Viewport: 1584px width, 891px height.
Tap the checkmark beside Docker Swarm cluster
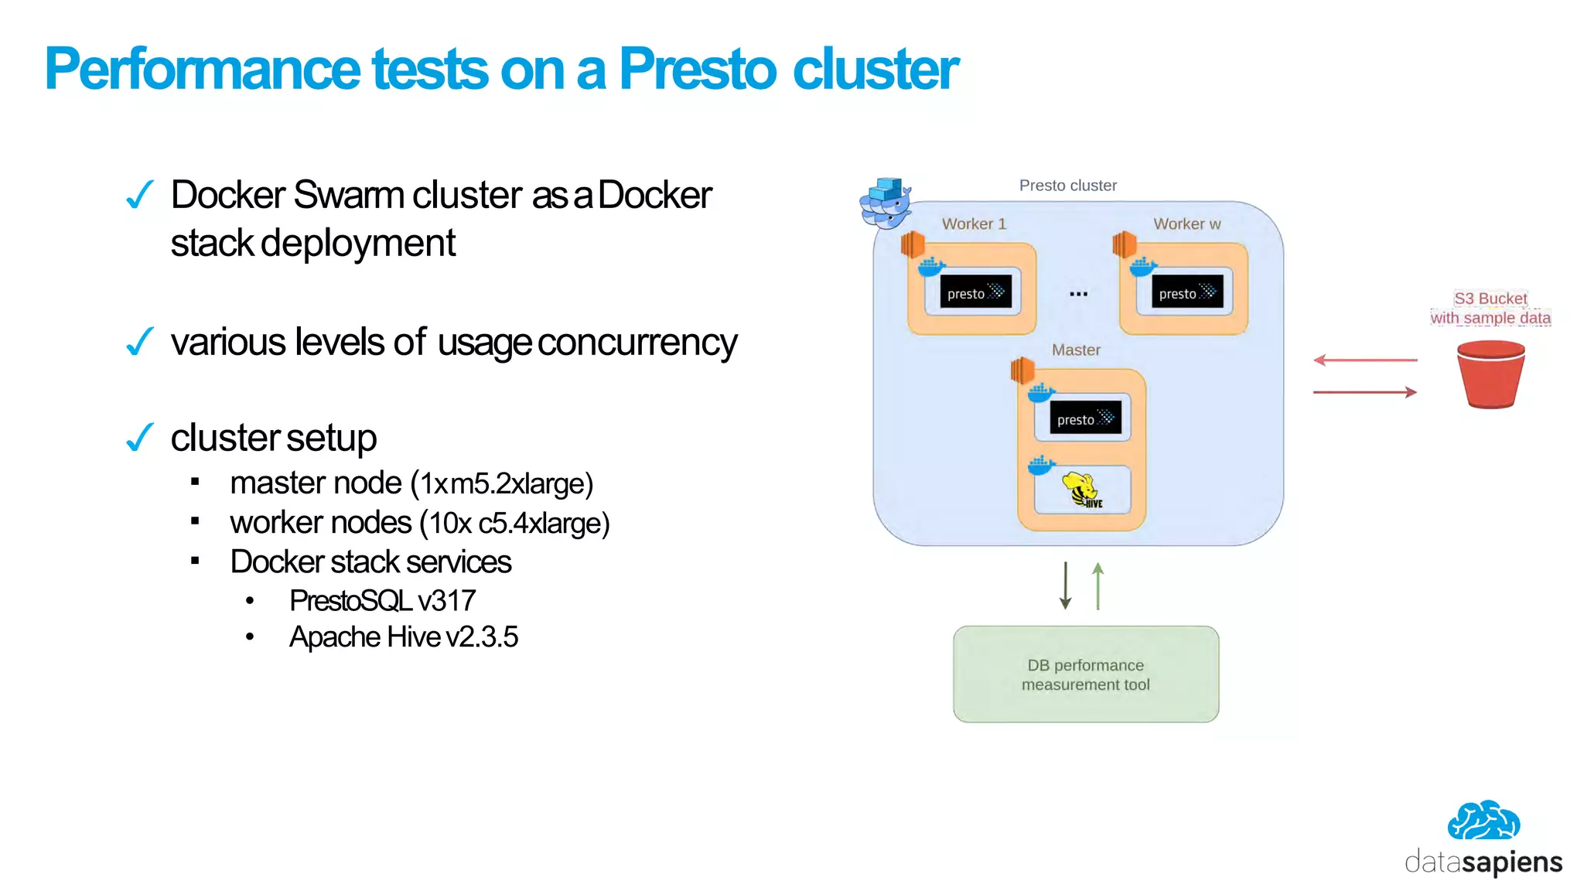[140, 195]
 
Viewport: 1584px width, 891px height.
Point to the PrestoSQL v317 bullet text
[382, 601]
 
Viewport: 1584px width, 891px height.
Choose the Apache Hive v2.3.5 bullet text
[403, 637]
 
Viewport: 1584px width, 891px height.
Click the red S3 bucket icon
[1490, 374]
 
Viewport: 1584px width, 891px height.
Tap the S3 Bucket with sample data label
[1490, 308]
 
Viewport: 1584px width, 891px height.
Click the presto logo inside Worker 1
[975, 292]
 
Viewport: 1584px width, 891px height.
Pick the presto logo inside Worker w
[1186, 292]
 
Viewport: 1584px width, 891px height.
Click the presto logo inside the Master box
[1085, 418]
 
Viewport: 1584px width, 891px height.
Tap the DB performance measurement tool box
[1085, 674]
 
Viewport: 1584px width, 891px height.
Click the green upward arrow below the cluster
[1098, 586]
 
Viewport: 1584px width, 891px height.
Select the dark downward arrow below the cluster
[1065, 586]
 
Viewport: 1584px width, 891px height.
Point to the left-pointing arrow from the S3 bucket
[1364, 360]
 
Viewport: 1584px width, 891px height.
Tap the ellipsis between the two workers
[1078, 294]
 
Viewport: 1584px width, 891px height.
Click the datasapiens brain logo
[1483, 821]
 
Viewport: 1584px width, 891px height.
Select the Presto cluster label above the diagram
[1067, 186]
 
